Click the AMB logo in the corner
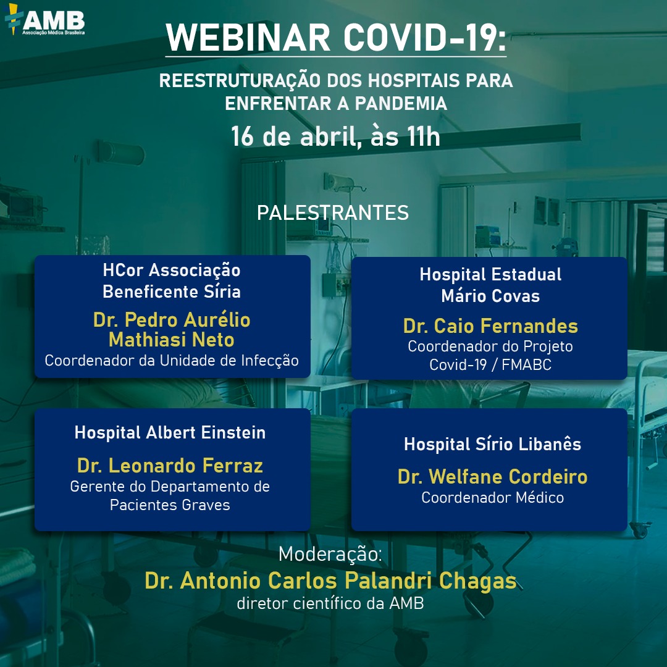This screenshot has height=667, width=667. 44,20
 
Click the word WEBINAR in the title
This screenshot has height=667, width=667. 248,38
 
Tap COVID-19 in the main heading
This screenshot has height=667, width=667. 425,38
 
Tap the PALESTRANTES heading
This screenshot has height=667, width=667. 333,212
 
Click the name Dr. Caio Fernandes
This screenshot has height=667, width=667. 490,326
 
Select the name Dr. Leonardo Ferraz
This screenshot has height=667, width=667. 170,466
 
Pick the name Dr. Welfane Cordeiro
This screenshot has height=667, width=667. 493,476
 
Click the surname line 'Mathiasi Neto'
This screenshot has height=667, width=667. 172,340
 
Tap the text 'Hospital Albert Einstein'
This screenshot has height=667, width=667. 170,432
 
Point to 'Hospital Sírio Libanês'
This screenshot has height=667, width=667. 493,444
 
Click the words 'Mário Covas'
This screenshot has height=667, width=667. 490,296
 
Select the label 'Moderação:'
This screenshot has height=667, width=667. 330,554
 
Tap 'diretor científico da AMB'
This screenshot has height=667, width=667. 330,603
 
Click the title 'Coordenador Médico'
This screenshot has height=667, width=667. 493,497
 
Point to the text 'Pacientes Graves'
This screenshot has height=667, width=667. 170,505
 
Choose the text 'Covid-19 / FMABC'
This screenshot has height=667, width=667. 490,364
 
